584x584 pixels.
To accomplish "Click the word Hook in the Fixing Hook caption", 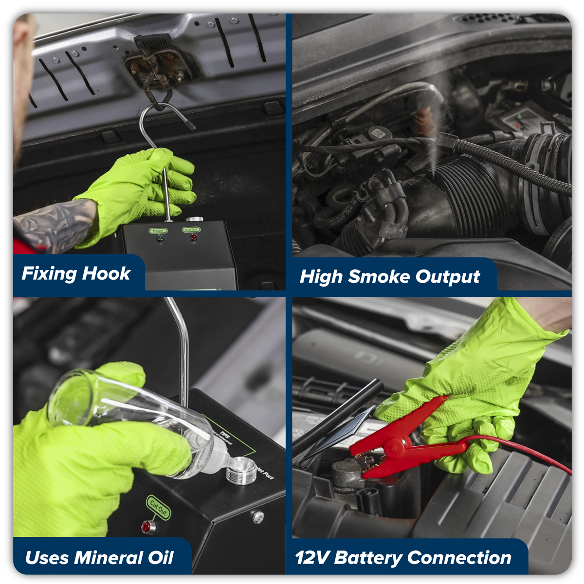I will coord(106,274).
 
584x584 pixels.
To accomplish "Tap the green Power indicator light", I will coord(159,238).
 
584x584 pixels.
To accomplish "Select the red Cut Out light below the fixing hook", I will coord(193,237).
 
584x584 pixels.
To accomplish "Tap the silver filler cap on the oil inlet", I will coord(241,470).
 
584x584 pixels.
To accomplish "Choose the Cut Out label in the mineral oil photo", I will coord(159,508).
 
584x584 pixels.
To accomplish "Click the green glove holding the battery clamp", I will coord(467,384).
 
